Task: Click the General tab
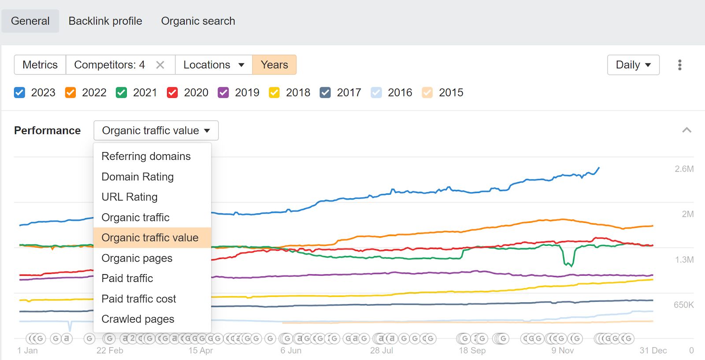click(x=30, y=21)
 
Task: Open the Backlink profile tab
click(x=105, y=21)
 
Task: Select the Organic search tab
click(x=198, y=21)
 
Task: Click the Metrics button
click(x=40, y=65)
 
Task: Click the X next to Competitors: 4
click(x=160, y=65)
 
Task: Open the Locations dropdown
click(x=214, y=65)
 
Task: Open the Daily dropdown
click(x=633, y=65)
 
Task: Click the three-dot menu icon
click(x=680, y=65)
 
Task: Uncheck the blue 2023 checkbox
click(x=19, y=93)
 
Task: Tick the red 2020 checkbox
click(x=172, y=93)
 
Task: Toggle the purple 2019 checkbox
click(x=223, y=93)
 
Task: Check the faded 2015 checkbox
click(x=427, y=93)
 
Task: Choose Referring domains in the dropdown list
click(x=146, y=156)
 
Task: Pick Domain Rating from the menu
click(x=137, y=177)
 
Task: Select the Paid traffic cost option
click(x=139, y=299)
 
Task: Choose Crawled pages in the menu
click(x=138, y=319)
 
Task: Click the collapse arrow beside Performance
click(x=686, y=130)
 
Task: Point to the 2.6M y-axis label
click(x=684, y=169)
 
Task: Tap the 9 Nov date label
click(x=562, y=351)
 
